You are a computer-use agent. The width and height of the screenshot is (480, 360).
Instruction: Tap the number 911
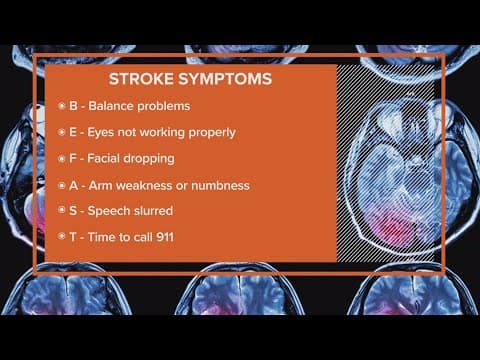pyautogui.click(x=180, y=239)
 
